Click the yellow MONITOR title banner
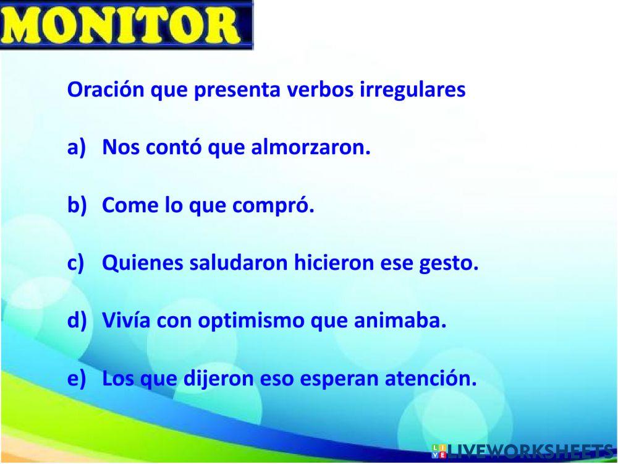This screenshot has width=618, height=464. (x=126, y=25)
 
